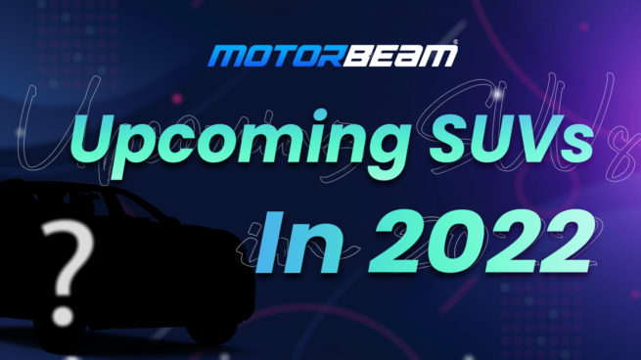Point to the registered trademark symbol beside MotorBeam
453,45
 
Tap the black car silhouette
147,264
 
